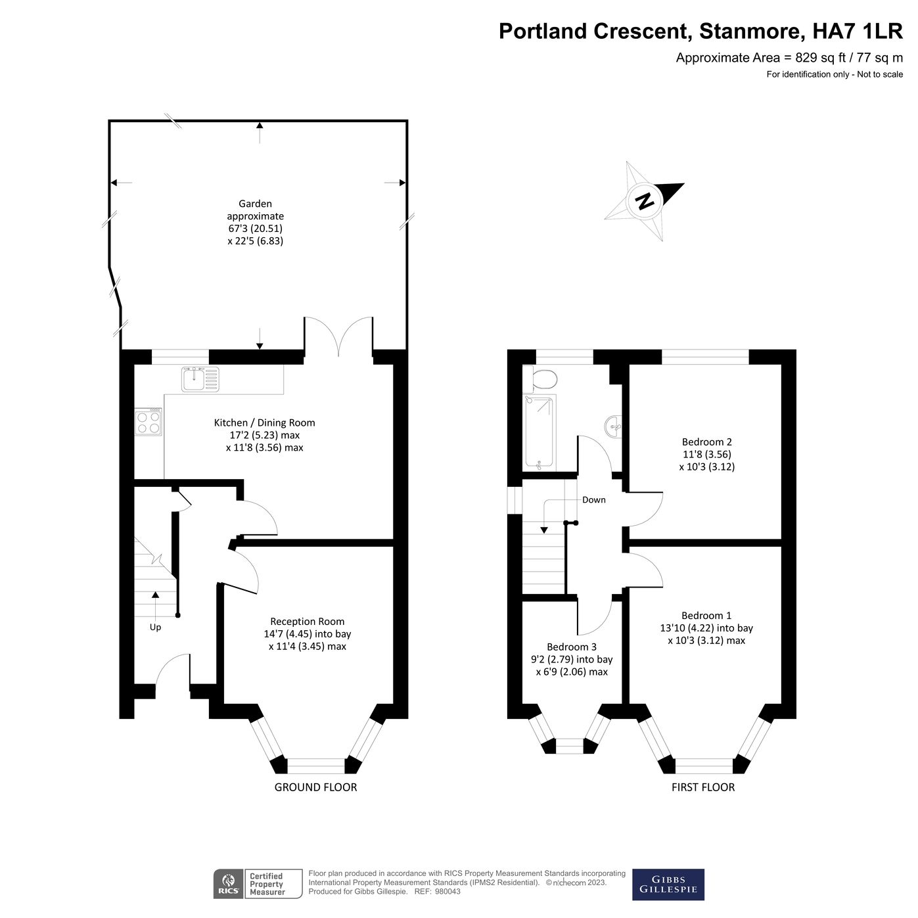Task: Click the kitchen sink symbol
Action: tap(200, 379)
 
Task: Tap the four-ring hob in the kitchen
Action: tap(149, 422)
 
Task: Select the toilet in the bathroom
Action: tap(542, 379)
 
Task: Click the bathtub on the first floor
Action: tap(539, 433)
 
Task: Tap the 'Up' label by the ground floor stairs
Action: tap(155, 627)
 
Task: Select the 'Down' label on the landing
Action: tap(593, 499)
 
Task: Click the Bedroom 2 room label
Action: tap(706, 442)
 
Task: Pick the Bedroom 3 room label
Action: tap(572, 647)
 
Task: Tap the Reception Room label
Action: tap(307, 622)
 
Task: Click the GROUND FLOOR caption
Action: tap(315, 787)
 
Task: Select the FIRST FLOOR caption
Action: tap(702, 787)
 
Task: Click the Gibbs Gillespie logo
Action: tap(668, 884)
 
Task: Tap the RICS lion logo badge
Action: tap(228, 884)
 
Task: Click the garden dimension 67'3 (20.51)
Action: tap(255, 229)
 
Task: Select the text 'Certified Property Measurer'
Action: tap(267, 884)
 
